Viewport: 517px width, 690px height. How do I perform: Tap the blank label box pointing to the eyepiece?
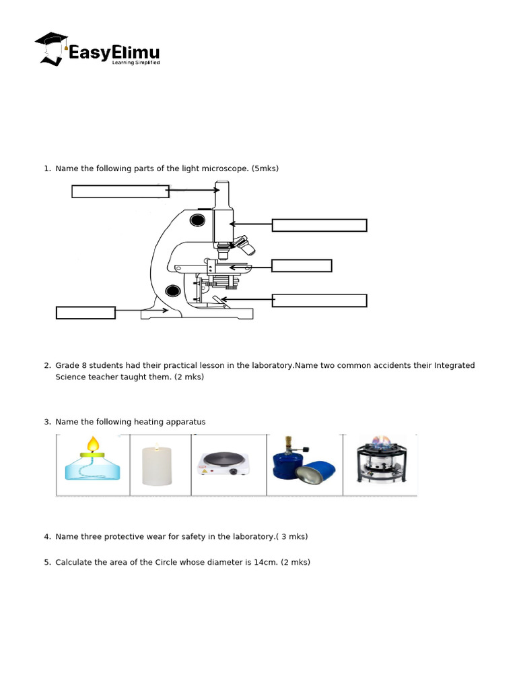coord(120,191)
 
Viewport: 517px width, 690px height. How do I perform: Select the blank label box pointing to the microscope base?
coord(85,313)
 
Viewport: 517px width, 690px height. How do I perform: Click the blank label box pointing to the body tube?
coord(319,225)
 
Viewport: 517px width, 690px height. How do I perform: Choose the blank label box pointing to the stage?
coord(302,265)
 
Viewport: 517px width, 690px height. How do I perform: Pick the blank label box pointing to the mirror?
coord(319,301)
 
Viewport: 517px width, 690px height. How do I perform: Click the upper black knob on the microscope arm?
coord(197,220)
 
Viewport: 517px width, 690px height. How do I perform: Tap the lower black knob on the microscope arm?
coord(173,291)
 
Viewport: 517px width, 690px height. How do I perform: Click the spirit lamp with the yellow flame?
coord(93,464)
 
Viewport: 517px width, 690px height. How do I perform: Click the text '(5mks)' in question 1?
coord(265,168)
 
